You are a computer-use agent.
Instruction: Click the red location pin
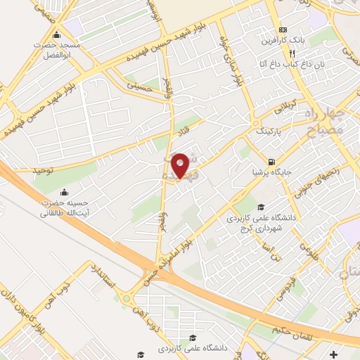(x=180, y=165)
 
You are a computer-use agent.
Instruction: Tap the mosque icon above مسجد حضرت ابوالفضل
(x=56, y=35)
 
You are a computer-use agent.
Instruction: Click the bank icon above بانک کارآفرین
(x=283, y=30)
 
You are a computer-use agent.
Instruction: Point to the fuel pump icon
(x=272, y=159)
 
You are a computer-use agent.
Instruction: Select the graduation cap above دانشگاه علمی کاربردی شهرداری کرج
(x=261, y=207)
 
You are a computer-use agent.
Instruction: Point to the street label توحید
(x=44, y=171)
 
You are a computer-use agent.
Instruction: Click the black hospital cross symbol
(x=333, y=356)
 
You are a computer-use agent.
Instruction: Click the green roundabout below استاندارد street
(x=127, y=301)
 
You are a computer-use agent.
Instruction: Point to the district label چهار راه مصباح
(x=324, y=120)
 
